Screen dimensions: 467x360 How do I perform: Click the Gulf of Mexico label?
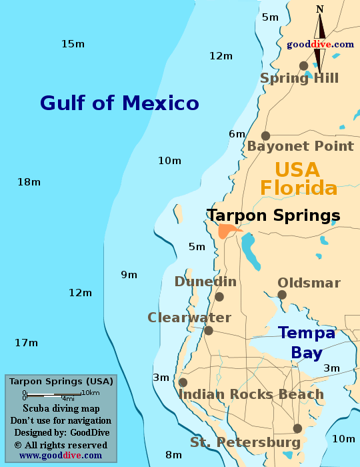tap(119, 103)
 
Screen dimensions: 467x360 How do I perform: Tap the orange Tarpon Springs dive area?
tap(227, 231)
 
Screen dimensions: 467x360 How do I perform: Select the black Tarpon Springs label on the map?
tap(273, 215)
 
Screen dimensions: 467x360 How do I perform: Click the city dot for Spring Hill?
tap(303, 65)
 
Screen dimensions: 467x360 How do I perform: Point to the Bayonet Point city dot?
tap(265, 135)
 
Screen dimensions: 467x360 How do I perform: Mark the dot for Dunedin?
tap(219, 297)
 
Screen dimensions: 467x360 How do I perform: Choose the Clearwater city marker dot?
tap(209, 330)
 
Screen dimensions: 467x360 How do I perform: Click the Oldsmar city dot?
tap(282, 295)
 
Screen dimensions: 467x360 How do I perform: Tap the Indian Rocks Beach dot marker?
tap(183, 382)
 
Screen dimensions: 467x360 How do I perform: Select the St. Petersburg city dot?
tap(297, 428)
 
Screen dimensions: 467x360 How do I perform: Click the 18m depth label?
tap(29, 182)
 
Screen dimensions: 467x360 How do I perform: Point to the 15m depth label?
tap(73, 44)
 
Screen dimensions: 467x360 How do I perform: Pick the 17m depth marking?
tap(27, 343)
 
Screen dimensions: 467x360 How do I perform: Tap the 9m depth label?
tap(129, 275)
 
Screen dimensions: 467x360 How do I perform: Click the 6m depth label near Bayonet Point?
tap(237, 134)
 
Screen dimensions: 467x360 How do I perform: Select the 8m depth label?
tap(173, 455)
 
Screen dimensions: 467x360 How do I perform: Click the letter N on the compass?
tap(320, 9)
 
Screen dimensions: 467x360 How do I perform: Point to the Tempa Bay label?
tap(301, 342)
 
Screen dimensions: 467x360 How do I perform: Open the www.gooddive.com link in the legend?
tap(61, 455)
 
